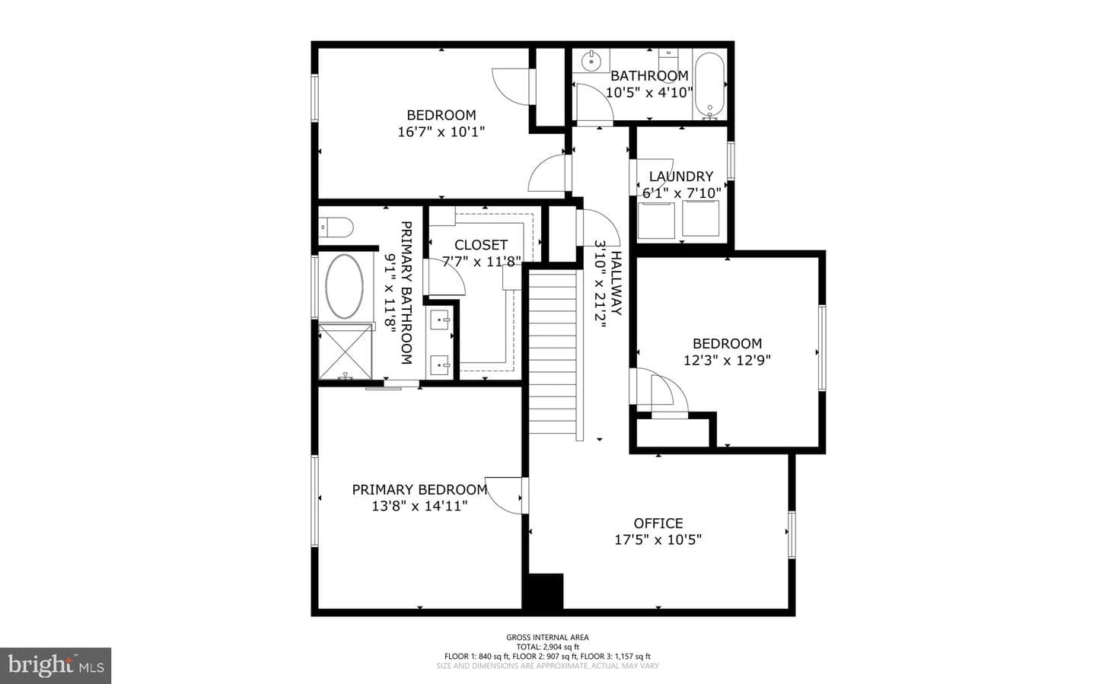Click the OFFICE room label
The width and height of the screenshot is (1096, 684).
point(658,523)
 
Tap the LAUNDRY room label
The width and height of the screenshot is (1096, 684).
point(680,177)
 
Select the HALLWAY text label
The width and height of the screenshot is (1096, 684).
point(616,283)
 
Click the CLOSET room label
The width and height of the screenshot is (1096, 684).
point(481,245)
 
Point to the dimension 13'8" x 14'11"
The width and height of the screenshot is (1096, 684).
point(419,506)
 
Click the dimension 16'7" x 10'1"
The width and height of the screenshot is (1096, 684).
point(441,132)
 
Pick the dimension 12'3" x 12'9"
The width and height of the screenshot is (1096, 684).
point(727,360)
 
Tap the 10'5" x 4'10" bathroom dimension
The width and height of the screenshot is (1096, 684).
point(649,92)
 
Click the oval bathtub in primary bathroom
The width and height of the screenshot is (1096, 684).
point(344,286)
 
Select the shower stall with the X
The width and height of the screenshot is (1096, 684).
point(345,351)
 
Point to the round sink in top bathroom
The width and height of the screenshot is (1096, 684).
point(591,61)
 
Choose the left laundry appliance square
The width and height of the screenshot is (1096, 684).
point(656,220)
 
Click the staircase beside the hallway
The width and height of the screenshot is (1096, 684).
point(553,352)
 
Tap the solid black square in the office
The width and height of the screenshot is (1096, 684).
point(543,591)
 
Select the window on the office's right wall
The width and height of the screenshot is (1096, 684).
point(792,534)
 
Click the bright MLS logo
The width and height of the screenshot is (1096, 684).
point(56,666)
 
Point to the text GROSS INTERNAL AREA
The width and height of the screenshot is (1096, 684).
point(547,637)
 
